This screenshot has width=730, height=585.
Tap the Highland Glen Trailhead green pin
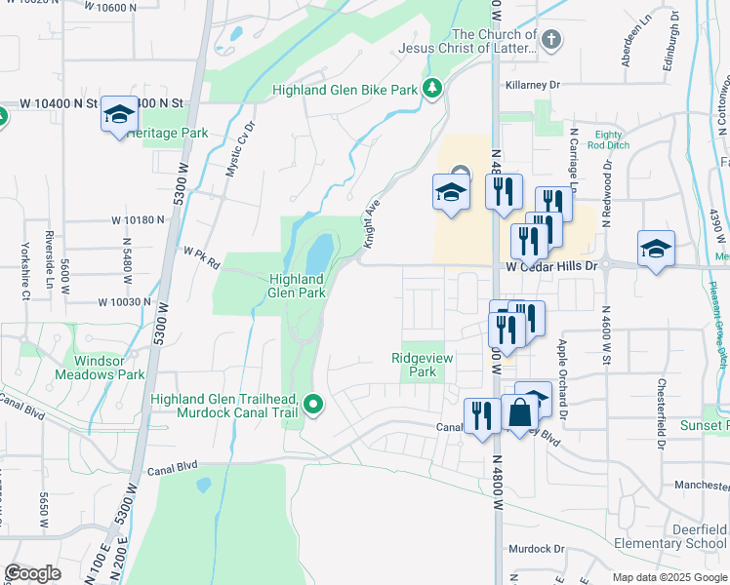click(313, 403)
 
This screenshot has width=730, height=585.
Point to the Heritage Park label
click(166, 133)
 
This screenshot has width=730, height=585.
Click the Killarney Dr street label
click(533, 85)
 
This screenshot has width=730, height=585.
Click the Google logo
click(32, 573)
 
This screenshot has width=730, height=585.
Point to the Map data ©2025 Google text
click(669, 577)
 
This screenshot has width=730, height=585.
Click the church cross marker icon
click(551, 40)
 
